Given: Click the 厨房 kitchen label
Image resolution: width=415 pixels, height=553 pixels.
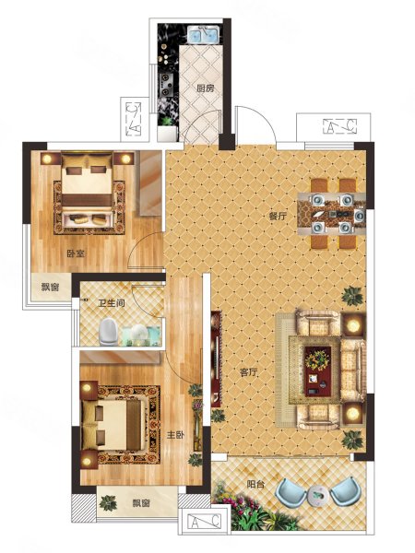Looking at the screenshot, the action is pos(206,88).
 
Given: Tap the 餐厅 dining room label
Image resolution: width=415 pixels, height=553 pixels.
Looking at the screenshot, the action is pos(279,217).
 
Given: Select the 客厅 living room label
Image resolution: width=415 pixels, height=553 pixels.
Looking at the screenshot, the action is pos(249,372).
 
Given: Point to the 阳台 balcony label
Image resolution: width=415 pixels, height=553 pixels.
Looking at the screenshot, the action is pos(255,485).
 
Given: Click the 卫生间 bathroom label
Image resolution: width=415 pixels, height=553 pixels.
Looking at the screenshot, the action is pos(112,303).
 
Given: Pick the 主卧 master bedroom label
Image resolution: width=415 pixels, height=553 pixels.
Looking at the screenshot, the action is pos(176,435).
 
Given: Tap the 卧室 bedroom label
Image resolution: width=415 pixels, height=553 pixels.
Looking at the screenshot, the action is pos(76,253).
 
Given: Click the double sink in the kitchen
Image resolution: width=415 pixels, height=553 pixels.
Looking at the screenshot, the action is pos(204,35).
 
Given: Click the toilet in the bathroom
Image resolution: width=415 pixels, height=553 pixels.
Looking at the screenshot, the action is pos(108,332).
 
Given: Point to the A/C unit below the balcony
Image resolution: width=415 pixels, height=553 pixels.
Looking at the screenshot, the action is pos(205,521).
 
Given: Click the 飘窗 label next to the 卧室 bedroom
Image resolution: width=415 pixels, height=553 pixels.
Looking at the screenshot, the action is pos(50,288).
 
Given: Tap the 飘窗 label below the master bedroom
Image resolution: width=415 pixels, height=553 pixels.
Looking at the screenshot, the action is pos(141,503).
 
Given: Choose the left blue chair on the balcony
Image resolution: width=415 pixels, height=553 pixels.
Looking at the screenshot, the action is pos(291,490).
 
